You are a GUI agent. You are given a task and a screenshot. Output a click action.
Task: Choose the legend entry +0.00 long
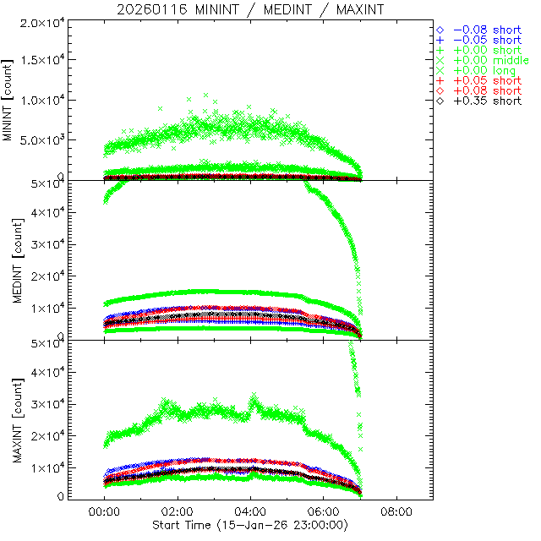coord(484,70)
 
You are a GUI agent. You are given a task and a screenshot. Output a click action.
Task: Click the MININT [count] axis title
coord(10,99)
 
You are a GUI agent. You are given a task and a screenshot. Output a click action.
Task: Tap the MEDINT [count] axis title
coord(10,260)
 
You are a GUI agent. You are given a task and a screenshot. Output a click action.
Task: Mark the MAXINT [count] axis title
coord(10,420)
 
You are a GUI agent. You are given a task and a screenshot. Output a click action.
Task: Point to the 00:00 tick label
coord(104,512)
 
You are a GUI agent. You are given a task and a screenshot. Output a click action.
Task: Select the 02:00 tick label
coord(178,512)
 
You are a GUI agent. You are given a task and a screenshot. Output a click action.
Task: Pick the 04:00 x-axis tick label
coord(250,512)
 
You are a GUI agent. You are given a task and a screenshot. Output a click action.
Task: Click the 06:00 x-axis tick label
coord(324,512)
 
